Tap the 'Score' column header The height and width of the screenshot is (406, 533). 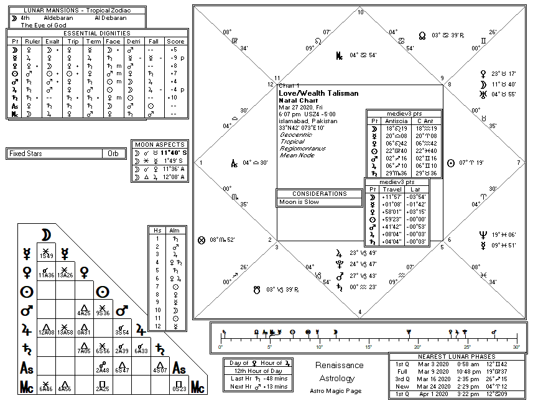pos(176,41)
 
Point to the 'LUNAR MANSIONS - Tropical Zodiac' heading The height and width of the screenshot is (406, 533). pos(76,11)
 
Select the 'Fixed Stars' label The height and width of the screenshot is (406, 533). pos(26,154)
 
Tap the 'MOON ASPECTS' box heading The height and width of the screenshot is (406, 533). pos(161,145)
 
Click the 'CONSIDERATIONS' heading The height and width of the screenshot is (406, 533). pos(319,194)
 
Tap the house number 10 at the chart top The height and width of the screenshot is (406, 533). pos(361,12)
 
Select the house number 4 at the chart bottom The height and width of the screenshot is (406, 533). pos(360,311)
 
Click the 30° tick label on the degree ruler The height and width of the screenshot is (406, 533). pos(516,347)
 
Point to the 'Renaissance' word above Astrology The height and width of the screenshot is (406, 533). pos(339,365)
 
